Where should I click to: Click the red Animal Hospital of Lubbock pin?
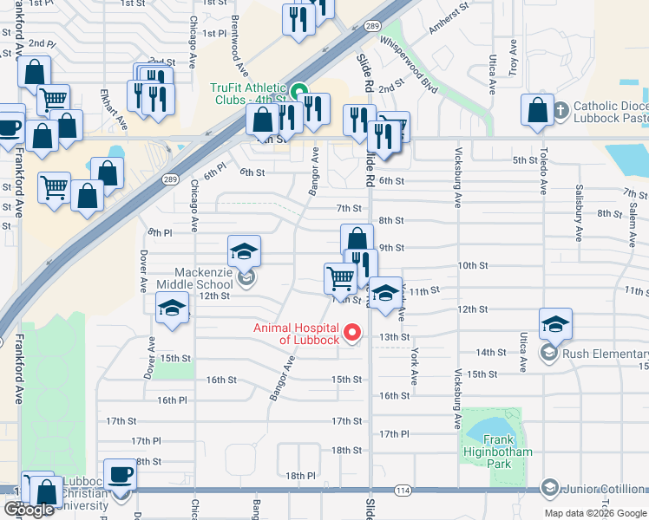pyautogui.click(x=352, y=332)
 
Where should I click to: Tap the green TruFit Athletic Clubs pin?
pyautogui.click(x=300, y=90)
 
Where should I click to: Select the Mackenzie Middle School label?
pyautogui.click(x=195, y=277)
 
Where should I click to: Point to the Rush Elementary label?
pyautogui.click(x=600, y=353)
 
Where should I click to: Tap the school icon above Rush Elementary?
pyautogui.click(x=555, y=325)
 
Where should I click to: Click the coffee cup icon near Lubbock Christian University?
pyautogui.click(x=120, y=475)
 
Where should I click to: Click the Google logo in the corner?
pyautogui.click(x=29, y=510)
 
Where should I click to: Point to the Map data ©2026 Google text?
pyautogui.click(x=594, y=513)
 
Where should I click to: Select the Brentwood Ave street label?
pyautogui.click(x=234, y=49)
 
